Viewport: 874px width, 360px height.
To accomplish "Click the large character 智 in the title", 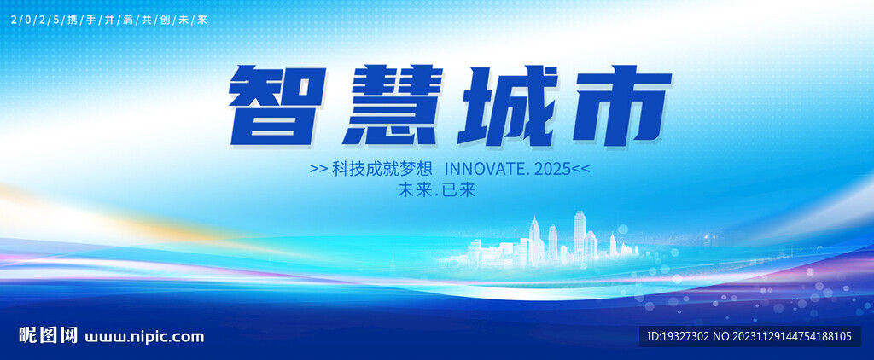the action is [277, 105].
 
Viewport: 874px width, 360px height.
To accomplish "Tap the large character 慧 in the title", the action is [393, 105].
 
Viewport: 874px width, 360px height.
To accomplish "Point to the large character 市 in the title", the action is [619, 105].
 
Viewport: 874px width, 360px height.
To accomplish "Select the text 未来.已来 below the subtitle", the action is [436, 190].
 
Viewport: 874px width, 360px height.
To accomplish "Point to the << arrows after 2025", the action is [580, 170].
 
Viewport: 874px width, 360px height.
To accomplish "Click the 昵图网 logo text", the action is [48, 335].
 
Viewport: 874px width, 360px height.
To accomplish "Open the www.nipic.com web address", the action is [144, 337].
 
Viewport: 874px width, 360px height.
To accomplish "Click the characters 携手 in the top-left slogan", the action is [79, 20].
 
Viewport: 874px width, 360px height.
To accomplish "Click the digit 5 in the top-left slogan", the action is [55, 20].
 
